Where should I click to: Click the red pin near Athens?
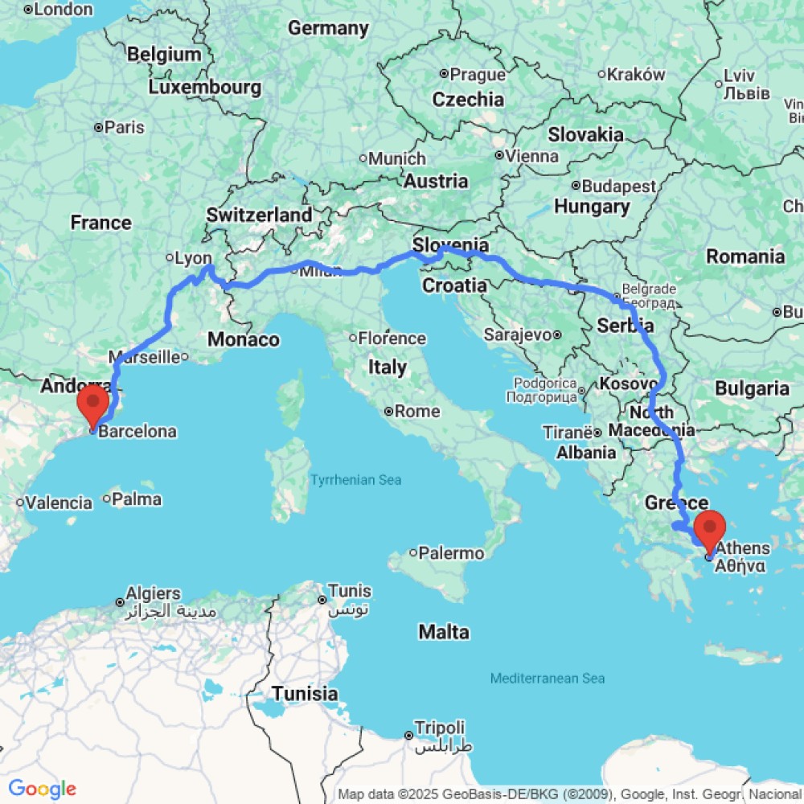tap(710, 529)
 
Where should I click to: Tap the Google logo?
tap(42, 789)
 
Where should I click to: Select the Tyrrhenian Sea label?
tap(355, 480)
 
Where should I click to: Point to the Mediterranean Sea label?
tap(548, 679)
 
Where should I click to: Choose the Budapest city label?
tap(618, 187)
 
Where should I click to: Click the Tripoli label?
tap(439, 727)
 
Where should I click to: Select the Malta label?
tap(444, 633)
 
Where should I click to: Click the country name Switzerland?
tap(259, 215)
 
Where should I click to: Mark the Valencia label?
tap(59, 503)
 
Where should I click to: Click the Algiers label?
tap(154, 594)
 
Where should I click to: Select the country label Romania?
tap(745, 256)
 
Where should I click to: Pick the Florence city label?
tap(392, 338)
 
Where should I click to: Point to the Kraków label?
tap(636, 75)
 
